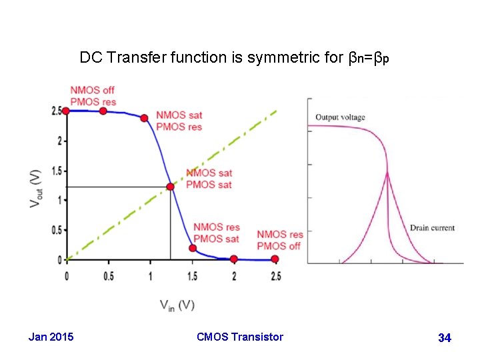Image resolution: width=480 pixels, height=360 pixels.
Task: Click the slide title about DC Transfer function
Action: (234, 58)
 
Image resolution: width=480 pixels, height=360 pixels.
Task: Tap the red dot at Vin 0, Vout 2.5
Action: (66, 111)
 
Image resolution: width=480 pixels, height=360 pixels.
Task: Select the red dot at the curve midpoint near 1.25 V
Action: (170, 187)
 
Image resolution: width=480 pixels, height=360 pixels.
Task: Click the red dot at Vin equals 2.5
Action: (275, 259)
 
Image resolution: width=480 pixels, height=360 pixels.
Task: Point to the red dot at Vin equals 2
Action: (233, 259)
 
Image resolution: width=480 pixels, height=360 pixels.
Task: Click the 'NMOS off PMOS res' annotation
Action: (92, 96)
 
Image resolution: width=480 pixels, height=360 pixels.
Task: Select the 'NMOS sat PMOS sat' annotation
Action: (209, 179)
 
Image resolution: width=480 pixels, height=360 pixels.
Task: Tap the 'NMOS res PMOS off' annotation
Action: (279, 240)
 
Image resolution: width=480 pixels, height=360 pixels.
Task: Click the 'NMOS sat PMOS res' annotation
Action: (179, 121)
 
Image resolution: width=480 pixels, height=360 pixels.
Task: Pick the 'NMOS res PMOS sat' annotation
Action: (216, 233)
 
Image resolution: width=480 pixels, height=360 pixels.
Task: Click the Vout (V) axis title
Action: (35, 187)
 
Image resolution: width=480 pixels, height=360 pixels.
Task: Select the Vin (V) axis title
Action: (177, 305)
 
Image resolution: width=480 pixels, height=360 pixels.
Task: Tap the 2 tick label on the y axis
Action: (59, 141)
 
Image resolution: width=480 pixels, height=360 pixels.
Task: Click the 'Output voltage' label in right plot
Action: (340, 118)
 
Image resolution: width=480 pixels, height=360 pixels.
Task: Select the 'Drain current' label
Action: (432, 228)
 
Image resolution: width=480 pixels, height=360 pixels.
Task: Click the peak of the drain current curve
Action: (387, 173)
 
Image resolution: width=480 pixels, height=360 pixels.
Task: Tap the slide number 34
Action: (445, 339)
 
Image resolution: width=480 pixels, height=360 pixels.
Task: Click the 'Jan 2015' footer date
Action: (51, 337)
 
